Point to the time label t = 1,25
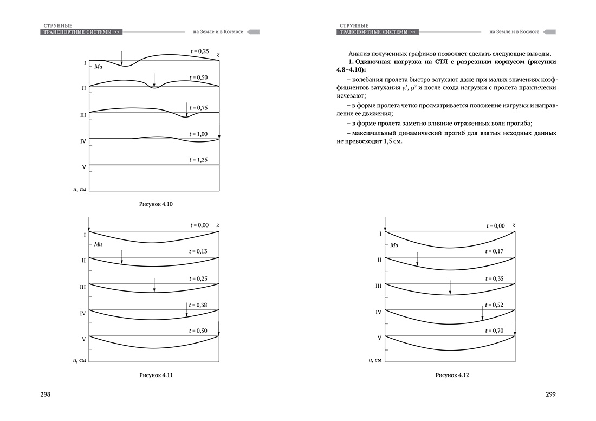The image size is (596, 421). [199, 160]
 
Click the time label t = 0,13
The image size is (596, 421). [199, 251]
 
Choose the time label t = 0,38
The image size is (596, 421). [199, 305]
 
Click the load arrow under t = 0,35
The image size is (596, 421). [450, 287]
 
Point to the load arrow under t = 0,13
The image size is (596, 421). [122, 257]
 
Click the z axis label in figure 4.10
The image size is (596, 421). [218, 55]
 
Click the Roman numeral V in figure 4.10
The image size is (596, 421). [84, 167]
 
